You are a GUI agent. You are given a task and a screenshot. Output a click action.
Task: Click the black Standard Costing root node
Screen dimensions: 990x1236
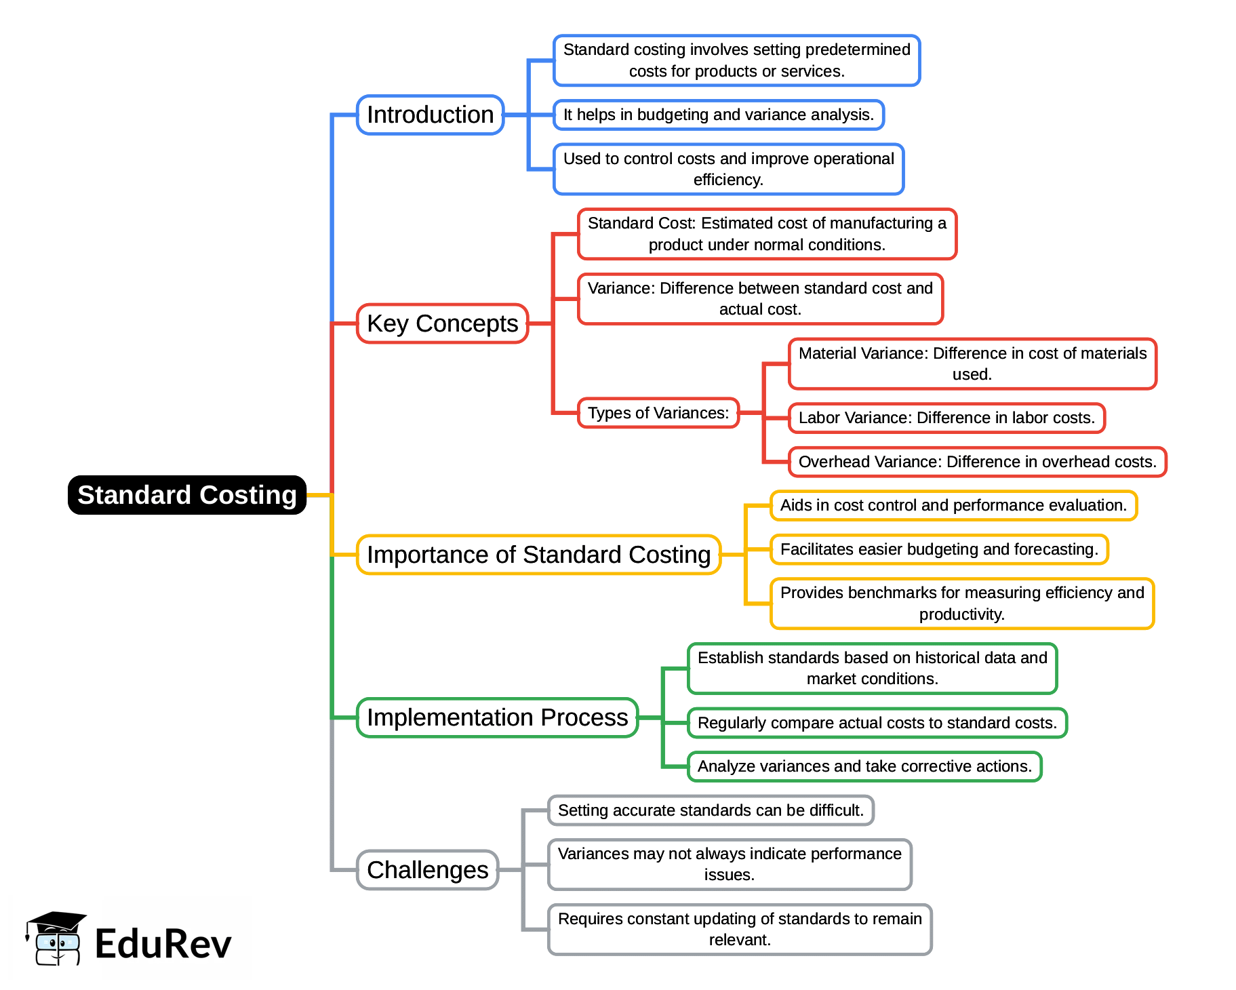coord(187,495)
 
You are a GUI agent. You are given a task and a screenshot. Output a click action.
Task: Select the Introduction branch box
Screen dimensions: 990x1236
coord(430,115)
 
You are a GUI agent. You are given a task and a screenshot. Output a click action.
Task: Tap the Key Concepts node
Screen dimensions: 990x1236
coord(442,323)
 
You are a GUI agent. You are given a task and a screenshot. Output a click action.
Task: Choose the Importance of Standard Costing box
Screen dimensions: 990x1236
coord(538,555)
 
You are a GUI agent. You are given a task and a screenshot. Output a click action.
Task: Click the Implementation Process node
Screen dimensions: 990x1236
coord(497,717)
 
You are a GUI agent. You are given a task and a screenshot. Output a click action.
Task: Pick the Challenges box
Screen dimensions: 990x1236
coord(427,870)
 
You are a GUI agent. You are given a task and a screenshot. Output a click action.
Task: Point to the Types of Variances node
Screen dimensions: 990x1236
coord(658,413)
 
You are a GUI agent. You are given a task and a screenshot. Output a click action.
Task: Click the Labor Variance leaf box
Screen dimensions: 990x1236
coord(946,418)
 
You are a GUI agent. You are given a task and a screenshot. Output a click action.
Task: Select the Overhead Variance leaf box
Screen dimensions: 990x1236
coord(977,462)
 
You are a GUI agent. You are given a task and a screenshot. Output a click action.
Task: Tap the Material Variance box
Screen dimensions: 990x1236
coord(972,363)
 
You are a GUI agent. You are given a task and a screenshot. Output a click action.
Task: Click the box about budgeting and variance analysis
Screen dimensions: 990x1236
coord(719,115)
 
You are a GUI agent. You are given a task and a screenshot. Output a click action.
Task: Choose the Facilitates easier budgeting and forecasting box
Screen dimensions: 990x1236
coord(939,549)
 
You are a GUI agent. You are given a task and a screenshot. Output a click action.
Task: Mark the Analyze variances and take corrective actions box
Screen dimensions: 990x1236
coord(864,766)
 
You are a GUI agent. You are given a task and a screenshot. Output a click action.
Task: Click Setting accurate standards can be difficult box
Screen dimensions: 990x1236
coord(711,810)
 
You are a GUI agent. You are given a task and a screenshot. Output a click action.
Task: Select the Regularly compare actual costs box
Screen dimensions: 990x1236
coord(877,723)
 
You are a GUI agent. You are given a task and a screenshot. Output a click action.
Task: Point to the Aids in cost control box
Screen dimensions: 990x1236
coord(953,505)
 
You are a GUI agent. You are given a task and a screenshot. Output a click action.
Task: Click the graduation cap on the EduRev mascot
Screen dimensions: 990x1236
coord(56,921)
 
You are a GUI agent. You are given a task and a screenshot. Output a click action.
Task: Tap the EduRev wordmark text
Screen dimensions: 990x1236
coord(163,944)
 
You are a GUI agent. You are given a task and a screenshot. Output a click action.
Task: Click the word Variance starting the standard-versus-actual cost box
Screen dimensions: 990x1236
coord(620,288)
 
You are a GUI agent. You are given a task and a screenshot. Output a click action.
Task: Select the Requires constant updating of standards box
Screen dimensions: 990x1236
coord(740,929)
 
